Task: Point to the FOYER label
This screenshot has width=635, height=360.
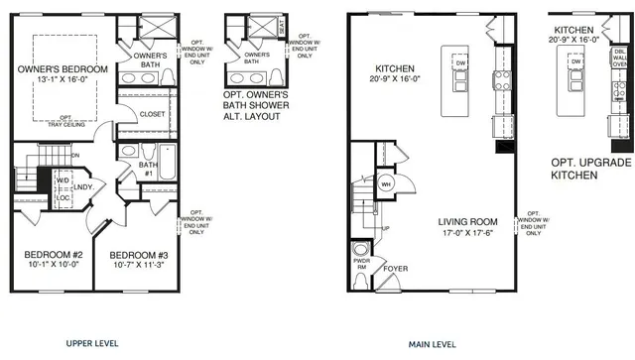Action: pos(395,267)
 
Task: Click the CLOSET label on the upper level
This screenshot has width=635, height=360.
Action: pos(152,114)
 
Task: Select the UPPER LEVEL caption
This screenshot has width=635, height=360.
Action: pos(92,343)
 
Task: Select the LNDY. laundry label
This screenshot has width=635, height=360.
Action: pos(83,185)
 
